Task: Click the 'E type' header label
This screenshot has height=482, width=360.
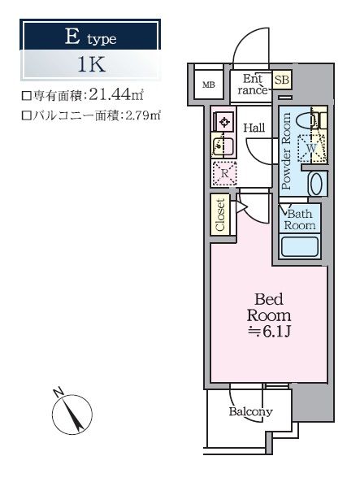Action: (89, 37)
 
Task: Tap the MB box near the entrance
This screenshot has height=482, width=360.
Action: (209, 85)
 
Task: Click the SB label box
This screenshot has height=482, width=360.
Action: (282, 80)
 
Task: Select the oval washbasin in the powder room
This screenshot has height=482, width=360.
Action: (318, 182)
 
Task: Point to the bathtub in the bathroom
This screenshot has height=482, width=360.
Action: (301, 246)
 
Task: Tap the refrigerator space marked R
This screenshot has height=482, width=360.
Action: (224, 172)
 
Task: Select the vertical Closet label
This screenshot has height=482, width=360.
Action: (220, 215)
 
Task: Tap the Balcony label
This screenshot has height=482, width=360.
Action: (250, 412)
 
